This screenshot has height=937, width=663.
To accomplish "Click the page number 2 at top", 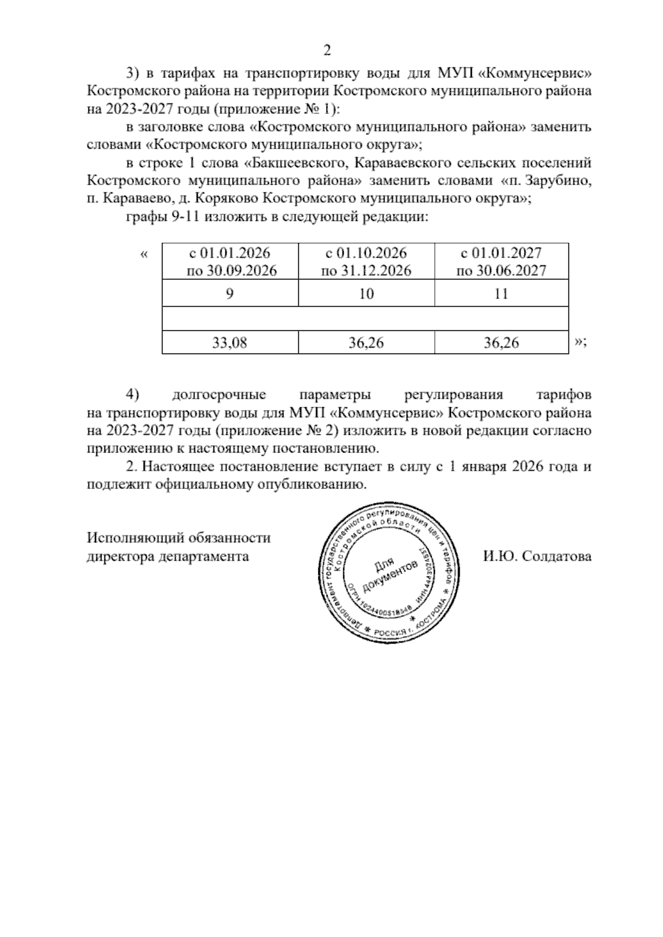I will (x=327, y=51).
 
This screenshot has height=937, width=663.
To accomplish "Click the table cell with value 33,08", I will (x=230, y=343).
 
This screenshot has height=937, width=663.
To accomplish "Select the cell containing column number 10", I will (x=366, y=294).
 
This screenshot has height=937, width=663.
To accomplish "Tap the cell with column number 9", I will (x=230, y=294).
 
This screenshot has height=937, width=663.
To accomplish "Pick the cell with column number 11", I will (x=501, y=294).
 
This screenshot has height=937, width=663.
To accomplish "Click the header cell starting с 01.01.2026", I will (x=230, y=261).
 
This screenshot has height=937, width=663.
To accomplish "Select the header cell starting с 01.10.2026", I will (x=366, y=261).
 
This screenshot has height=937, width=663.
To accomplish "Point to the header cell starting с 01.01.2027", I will (x=501, y=261).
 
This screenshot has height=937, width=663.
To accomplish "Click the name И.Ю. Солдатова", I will (x=537, y=556).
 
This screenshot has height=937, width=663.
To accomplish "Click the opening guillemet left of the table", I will (x=145, y=255).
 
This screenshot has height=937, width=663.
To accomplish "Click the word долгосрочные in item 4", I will (x=219, y=395).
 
